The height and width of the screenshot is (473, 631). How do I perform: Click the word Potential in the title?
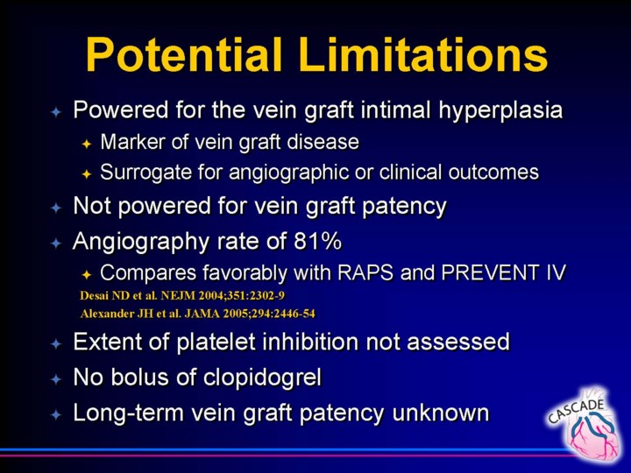click(x=183, y=54)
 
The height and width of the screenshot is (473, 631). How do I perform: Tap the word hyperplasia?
click(x=500, y=110)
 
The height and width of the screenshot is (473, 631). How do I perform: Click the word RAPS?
click(x=365, y=272)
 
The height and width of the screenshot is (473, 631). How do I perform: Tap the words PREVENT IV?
click(x=503, y=272)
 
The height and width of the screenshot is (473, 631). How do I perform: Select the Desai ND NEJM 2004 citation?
click(x=182, y=296)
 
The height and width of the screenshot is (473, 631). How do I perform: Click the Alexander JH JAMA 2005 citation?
click(x=197, y=314)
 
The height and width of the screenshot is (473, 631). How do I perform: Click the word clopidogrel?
click(x=262, y=378)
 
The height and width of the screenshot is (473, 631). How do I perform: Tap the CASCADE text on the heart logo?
click(x=577, y=411)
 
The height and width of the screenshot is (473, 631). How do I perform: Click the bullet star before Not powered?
click(x=56, y=208)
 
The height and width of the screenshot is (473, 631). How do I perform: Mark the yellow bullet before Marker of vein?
click(x=87, y=144)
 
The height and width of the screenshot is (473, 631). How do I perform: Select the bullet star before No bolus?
click(x=56, y=379)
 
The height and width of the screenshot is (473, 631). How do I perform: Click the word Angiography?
click(x=141, y=242)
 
